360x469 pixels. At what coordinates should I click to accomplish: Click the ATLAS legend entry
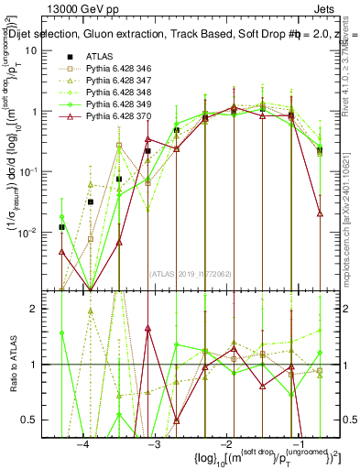(100, 56)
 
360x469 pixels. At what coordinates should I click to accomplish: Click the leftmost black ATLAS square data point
(61, 227)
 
